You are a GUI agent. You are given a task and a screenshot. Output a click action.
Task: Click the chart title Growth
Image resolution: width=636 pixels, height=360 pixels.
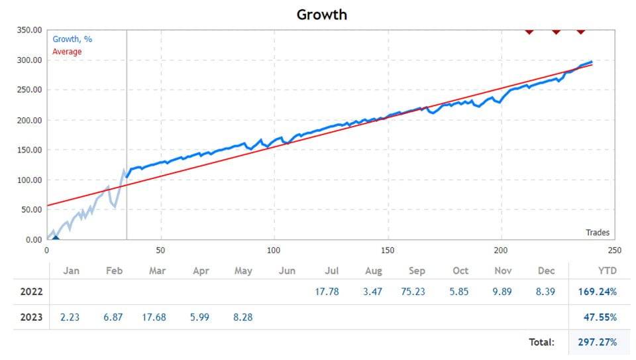321,14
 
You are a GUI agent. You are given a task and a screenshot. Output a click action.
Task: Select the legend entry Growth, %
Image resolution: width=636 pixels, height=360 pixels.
72,39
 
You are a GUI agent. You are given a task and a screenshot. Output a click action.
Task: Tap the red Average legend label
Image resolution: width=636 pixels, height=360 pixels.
67,52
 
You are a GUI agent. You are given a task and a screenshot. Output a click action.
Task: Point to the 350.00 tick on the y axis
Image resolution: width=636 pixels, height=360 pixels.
28,30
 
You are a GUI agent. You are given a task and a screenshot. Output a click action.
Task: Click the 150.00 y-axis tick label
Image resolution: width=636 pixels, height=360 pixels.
28,150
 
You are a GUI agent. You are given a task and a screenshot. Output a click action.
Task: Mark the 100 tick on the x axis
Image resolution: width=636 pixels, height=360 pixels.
274,251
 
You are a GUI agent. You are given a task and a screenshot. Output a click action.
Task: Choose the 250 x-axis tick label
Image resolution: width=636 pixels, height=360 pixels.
615,251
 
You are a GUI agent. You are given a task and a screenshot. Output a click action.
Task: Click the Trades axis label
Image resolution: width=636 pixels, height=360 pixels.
597,233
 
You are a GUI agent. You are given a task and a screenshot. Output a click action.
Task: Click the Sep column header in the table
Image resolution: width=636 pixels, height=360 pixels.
417,270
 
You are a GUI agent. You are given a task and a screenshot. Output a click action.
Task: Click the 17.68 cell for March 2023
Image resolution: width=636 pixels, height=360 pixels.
157,318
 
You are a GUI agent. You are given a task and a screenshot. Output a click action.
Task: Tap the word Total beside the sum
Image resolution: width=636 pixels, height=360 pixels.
541,342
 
